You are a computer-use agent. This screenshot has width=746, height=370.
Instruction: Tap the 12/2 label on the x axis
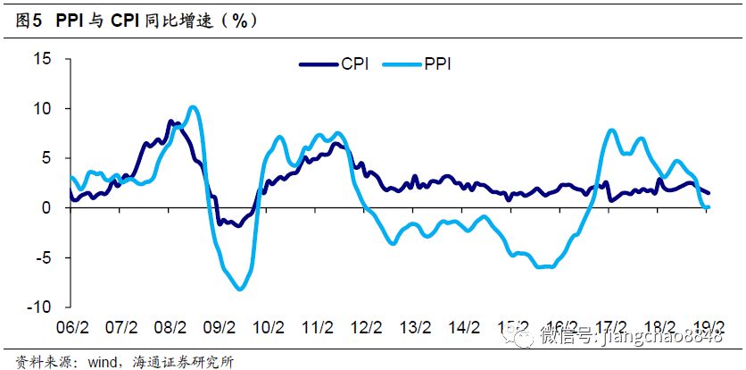coord(367,326)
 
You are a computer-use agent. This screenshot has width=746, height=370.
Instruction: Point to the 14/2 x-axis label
coord(465,326)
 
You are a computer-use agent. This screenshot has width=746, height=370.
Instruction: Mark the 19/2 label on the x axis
coord(709,326)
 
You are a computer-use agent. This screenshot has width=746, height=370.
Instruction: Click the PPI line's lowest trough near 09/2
coord(239,289)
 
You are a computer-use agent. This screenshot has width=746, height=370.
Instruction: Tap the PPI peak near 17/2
coord(612,130)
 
